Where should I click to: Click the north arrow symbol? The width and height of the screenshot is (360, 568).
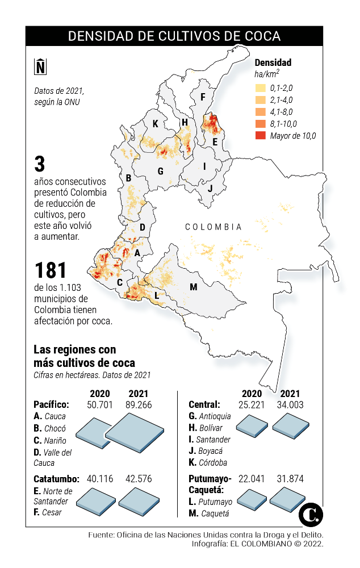(40, 66)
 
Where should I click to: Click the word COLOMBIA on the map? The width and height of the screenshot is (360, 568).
(213, 227)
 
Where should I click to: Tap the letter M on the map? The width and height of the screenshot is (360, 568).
(193, 287)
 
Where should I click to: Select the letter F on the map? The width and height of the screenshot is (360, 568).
(202, 97)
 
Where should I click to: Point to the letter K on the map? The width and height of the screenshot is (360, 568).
(155, 124)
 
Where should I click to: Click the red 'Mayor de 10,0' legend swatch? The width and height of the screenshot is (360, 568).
(261, 136)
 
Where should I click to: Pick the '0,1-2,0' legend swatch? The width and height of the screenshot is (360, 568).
(261, 88)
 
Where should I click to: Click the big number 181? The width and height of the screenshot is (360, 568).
(51, 270)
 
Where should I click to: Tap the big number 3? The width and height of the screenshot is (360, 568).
(39, 165)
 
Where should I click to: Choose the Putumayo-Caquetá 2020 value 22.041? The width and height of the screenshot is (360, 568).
(252, 479)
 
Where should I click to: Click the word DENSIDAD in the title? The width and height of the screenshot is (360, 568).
(99, 36)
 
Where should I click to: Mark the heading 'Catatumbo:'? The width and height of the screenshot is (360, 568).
(56, 479)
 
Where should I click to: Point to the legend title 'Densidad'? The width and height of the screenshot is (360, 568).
(273, 62)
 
